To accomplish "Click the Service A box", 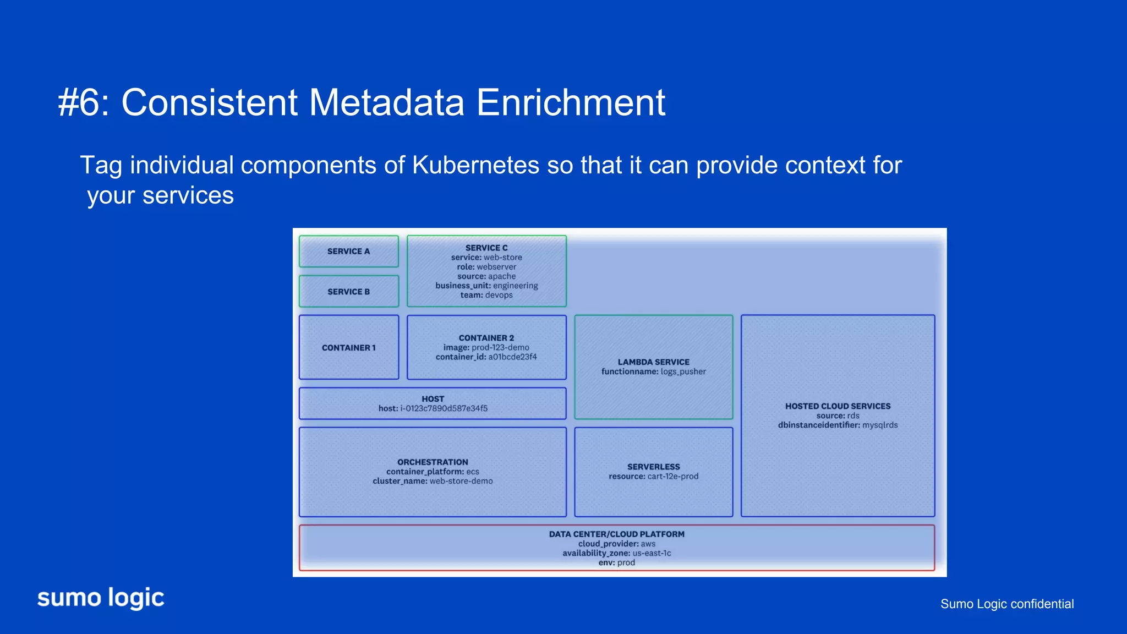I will (348, 252).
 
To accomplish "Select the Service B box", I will (348, 292).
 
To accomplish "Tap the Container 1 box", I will (348, 348).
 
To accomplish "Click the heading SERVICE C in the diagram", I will (486, 248).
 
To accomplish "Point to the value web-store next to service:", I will (503, 258).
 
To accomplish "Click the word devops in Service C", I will (499, 295).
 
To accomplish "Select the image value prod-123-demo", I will (500, 348).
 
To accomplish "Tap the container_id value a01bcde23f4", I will (512, 357).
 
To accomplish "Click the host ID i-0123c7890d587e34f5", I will (444, 408).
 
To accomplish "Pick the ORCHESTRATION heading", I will (433, 462).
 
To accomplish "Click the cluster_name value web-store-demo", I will (461, 481).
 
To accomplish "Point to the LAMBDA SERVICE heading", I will (653, 362).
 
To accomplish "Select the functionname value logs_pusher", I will (683, 371).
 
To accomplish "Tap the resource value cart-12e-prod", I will (672, 477).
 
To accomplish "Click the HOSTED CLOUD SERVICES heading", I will (838, 406).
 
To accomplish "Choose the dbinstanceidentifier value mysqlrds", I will (880, 425).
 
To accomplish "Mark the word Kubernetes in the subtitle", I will (475, 166).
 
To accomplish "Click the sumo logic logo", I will (101, 598).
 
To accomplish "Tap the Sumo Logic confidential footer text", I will (1006, 604).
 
